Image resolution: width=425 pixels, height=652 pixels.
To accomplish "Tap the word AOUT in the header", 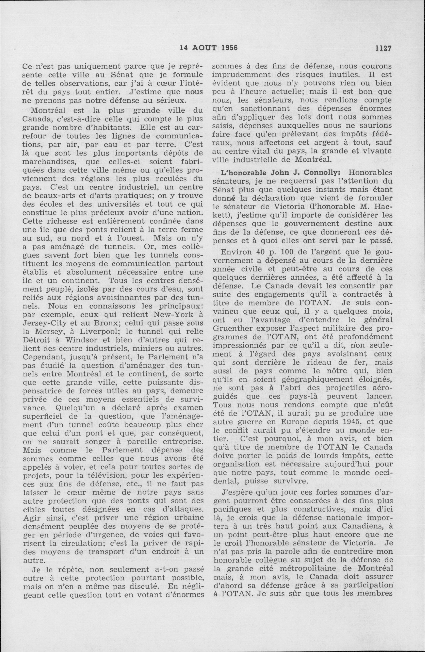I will point(203,48).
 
